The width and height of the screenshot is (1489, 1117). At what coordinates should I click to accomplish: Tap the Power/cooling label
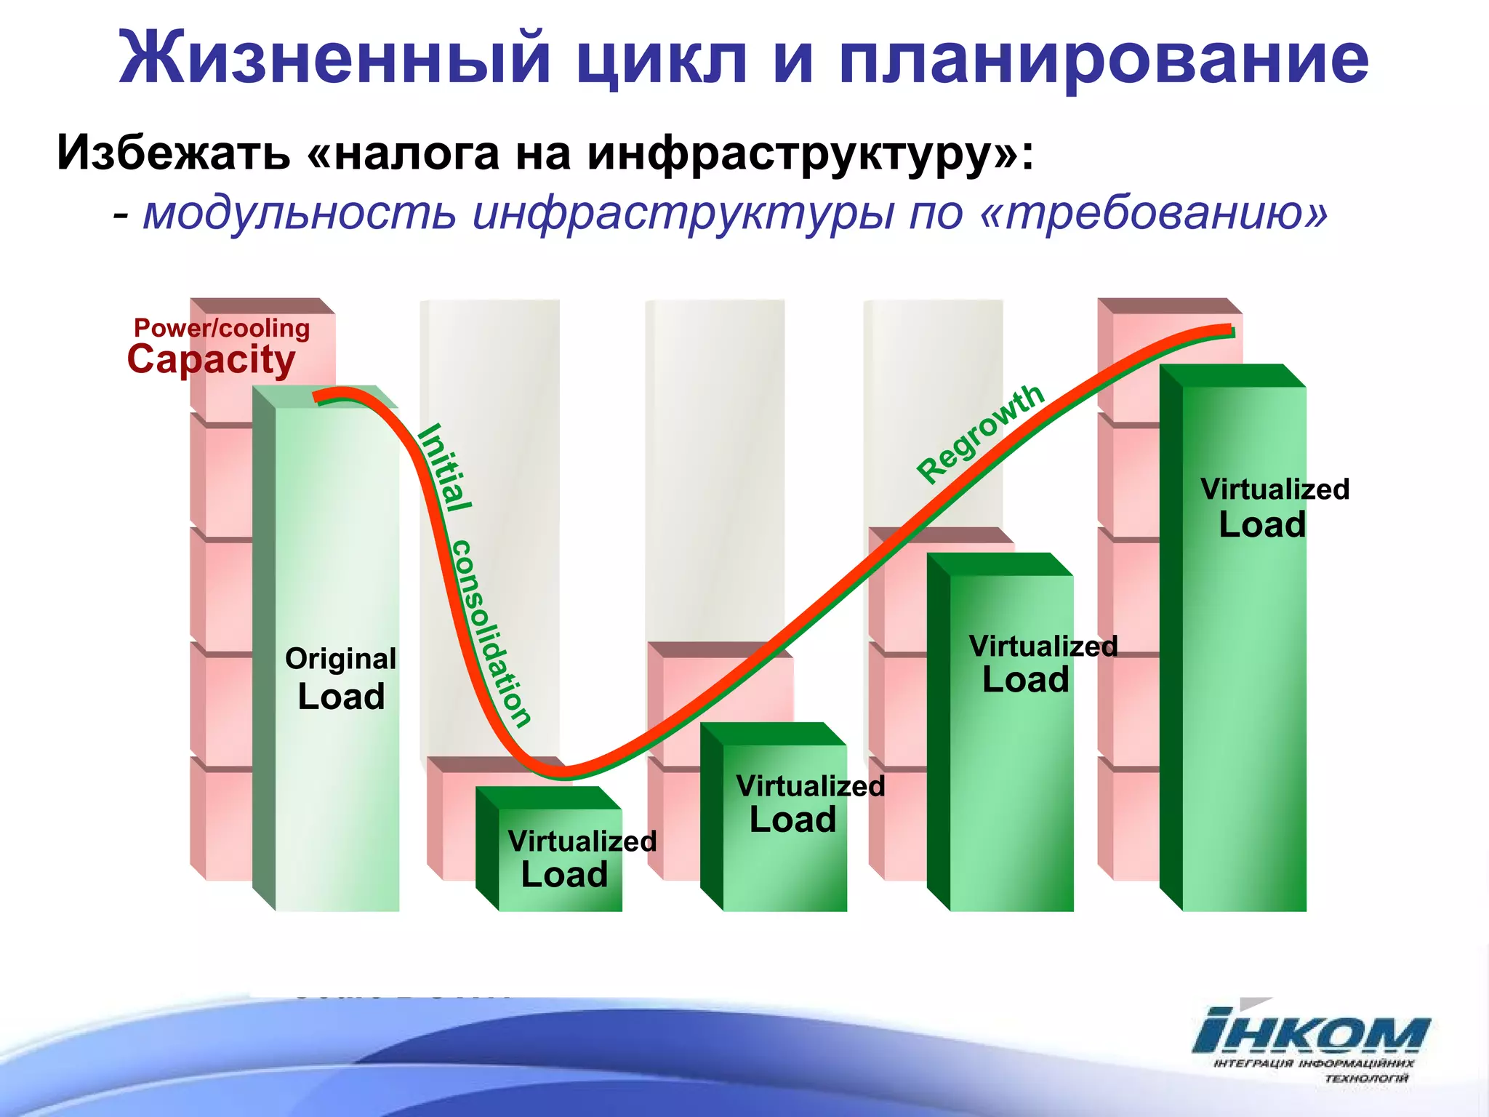[x=222, y=329]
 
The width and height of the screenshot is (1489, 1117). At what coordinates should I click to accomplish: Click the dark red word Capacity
[x=212, y=360]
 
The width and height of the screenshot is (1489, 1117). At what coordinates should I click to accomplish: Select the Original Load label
[x=340, y=679]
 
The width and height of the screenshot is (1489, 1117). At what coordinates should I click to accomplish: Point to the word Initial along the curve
[x=444, y=468]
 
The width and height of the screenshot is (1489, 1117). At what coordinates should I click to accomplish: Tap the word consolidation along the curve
[x=491, y=633]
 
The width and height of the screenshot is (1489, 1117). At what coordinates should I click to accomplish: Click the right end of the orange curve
[x=1230, y=331]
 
